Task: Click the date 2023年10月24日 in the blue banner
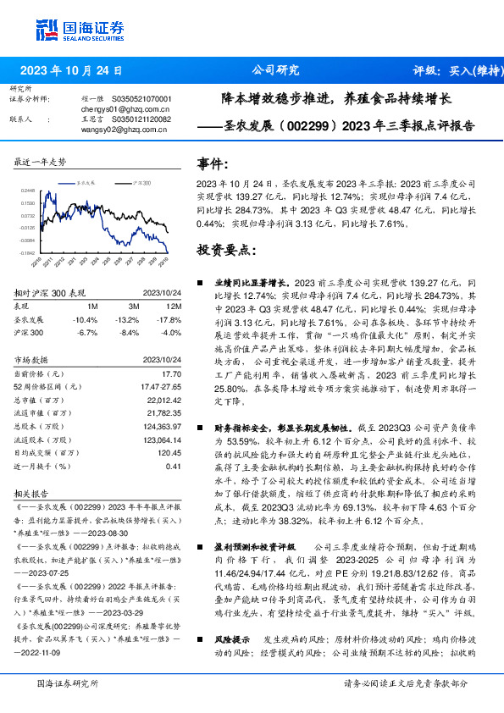[71, 70]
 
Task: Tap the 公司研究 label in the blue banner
[276, 70]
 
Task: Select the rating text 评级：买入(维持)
[454, 70]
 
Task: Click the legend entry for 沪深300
[141, 182]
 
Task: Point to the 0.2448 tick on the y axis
[28, 191]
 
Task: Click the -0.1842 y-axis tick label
[27, 252]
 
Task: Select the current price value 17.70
[173, 373]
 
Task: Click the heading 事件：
[213, 164]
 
